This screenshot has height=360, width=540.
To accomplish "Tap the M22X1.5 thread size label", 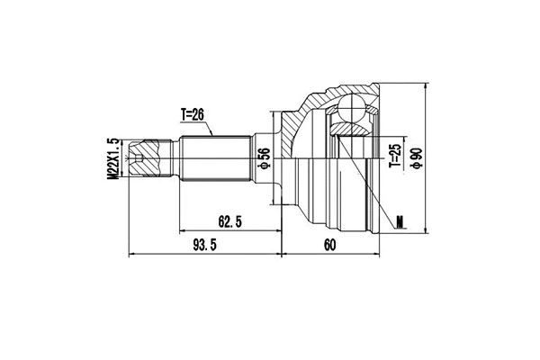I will (114, 159).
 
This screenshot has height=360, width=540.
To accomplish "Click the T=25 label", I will (393, 156).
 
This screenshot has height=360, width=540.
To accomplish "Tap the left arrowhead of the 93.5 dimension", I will (133, 255).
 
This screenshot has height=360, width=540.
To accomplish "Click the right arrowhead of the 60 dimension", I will (375, 255).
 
